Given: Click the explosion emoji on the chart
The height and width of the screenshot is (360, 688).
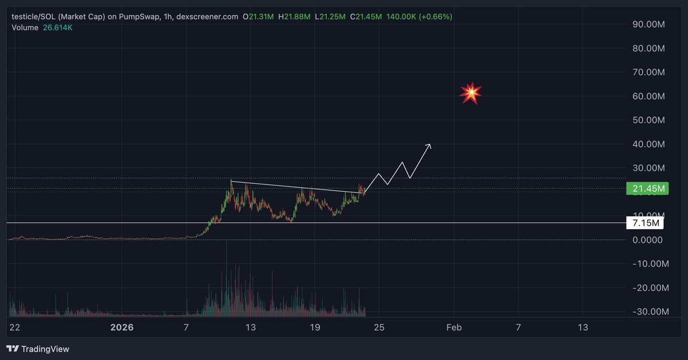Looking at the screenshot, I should tap(471, 92).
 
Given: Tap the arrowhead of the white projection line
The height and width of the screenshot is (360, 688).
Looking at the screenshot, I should tap(430, 145).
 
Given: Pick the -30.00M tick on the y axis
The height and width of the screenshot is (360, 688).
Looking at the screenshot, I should tap(647, 312).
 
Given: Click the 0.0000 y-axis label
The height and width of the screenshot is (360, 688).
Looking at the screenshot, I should tap(648, 240).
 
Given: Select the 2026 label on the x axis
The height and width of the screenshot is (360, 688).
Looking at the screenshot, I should tap(122, 328).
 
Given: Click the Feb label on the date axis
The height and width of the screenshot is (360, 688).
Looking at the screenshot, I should tap(454, 328).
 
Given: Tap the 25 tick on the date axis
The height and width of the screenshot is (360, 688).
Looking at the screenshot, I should tap(379, 328).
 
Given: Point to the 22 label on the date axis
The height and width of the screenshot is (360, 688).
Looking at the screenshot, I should tap(15, 328).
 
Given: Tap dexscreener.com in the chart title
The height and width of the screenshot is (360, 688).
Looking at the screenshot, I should tap(207, 17).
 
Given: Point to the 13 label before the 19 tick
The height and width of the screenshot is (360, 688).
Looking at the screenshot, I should tap(250, 328).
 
